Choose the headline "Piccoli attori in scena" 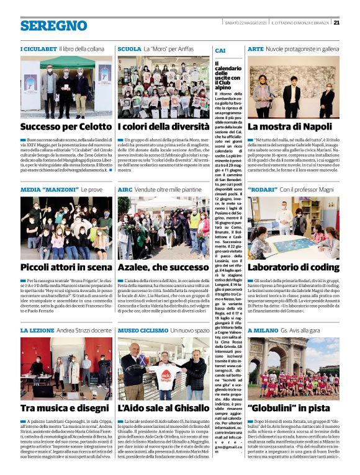click(x=65, y=267)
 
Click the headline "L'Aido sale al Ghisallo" click(x=163, y=408)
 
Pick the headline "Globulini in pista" click(x=284, y=408)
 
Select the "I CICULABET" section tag click(x=39, y=48)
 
